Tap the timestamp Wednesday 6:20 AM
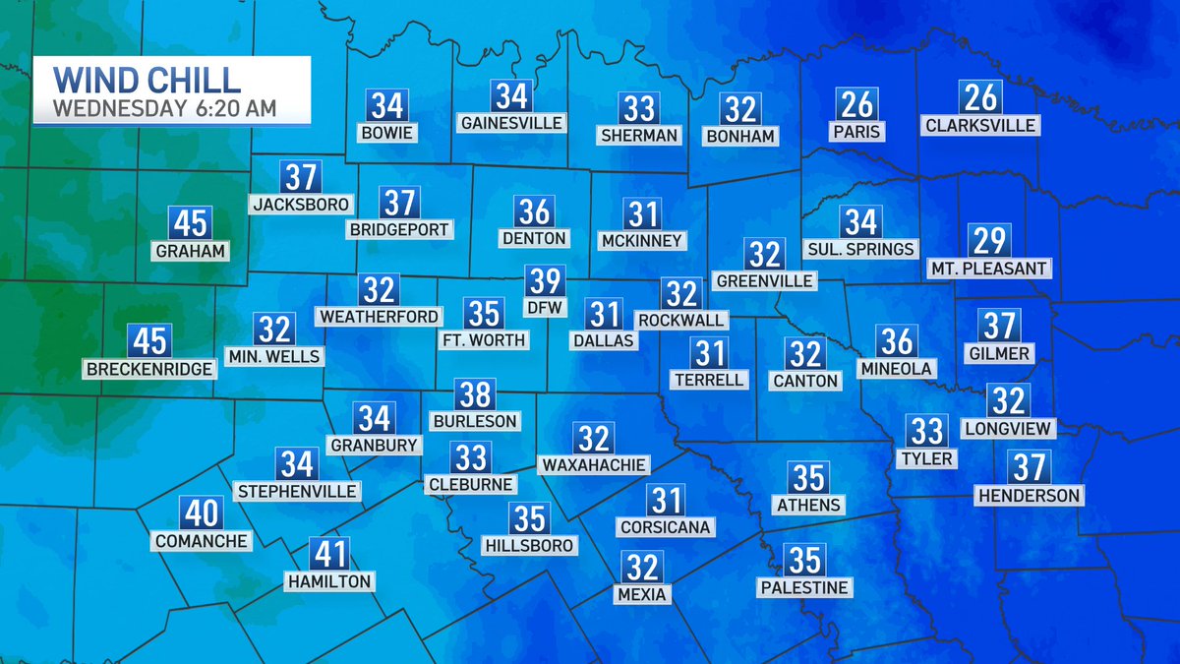(164, 107)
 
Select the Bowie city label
(386, 133)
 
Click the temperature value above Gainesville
(512, 96)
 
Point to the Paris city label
(857, 131)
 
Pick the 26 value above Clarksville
(979, 97)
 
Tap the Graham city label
(190, 251)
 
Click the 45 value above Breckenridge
(150, 341)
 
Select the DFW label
(544, 308)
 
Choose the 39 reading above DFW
(544, 281)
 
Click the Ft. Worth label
(483, 340)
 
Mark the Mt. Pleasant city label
(989, 268)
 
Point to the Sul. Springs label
(859, 249)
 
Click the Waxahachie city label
(593, 464)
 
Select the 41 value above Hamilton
(328, 555)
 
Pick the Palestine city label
(804, 587)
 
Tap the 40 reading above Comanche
(202, 513)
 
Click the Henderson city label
(1029, 495)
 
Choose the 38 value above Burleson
(475, 395)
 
